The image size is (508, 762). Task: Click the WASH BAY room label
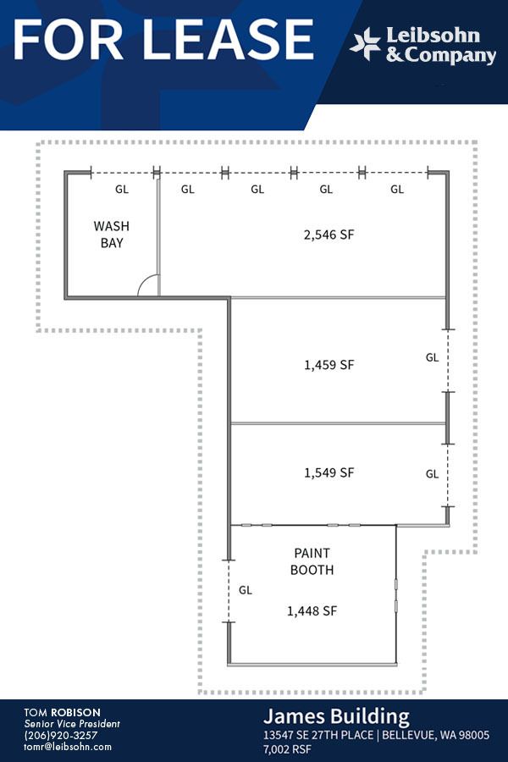coord(111,235)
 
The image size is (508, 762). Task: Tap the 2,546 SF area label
coord(329,235)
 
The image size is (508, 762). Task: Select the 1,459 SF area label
coord(329,364)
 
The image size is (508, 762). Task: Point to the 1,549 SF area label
coord(329,472)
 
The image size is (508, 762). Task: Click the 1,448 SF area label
coord(312,610)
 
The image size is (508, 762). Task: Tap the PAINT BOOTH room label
coord(312,561)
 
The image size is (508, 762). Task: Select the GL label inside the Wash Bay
coord(122,189)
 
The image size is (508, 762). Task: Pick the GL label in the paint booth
coord(246,590)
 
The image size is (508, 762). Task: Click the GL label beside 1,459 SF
coord(432,357)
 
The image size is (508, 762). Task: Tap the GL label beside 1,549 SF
coord(432,474)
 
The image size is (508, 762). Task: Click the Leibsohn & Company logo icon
coord(365,44)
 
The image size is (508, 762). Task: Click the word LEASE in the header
coord(228,40)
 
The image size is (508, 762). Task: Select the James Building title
coord(336,717)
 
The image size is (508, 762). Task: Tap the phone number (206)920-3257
coord(61,735)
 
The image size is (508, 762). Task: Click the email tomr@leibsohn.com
coord(68,747)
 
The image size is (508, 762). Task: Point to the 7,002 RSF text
coord(287,749)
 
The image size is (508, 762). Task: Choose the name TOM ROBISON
coord(62,713)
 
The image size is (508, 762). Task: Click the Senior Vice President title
coord(72,724)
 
